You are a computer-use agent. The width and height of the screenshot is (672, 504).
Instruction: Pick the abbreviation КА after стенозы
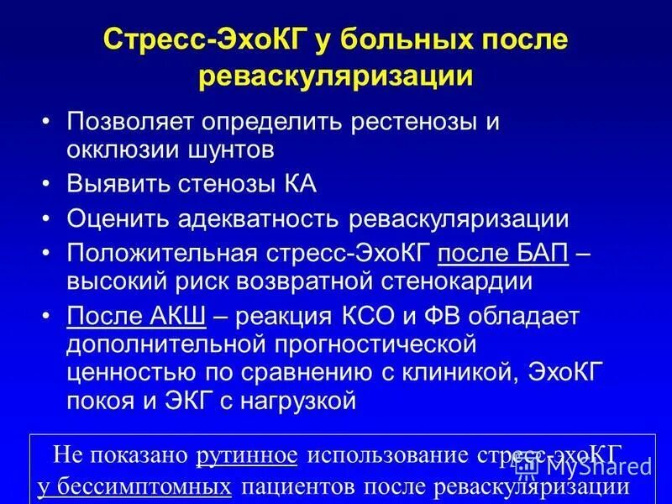299,184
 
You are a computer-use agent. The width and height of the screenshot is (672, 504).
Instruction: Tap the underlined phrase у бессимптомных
134,486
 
